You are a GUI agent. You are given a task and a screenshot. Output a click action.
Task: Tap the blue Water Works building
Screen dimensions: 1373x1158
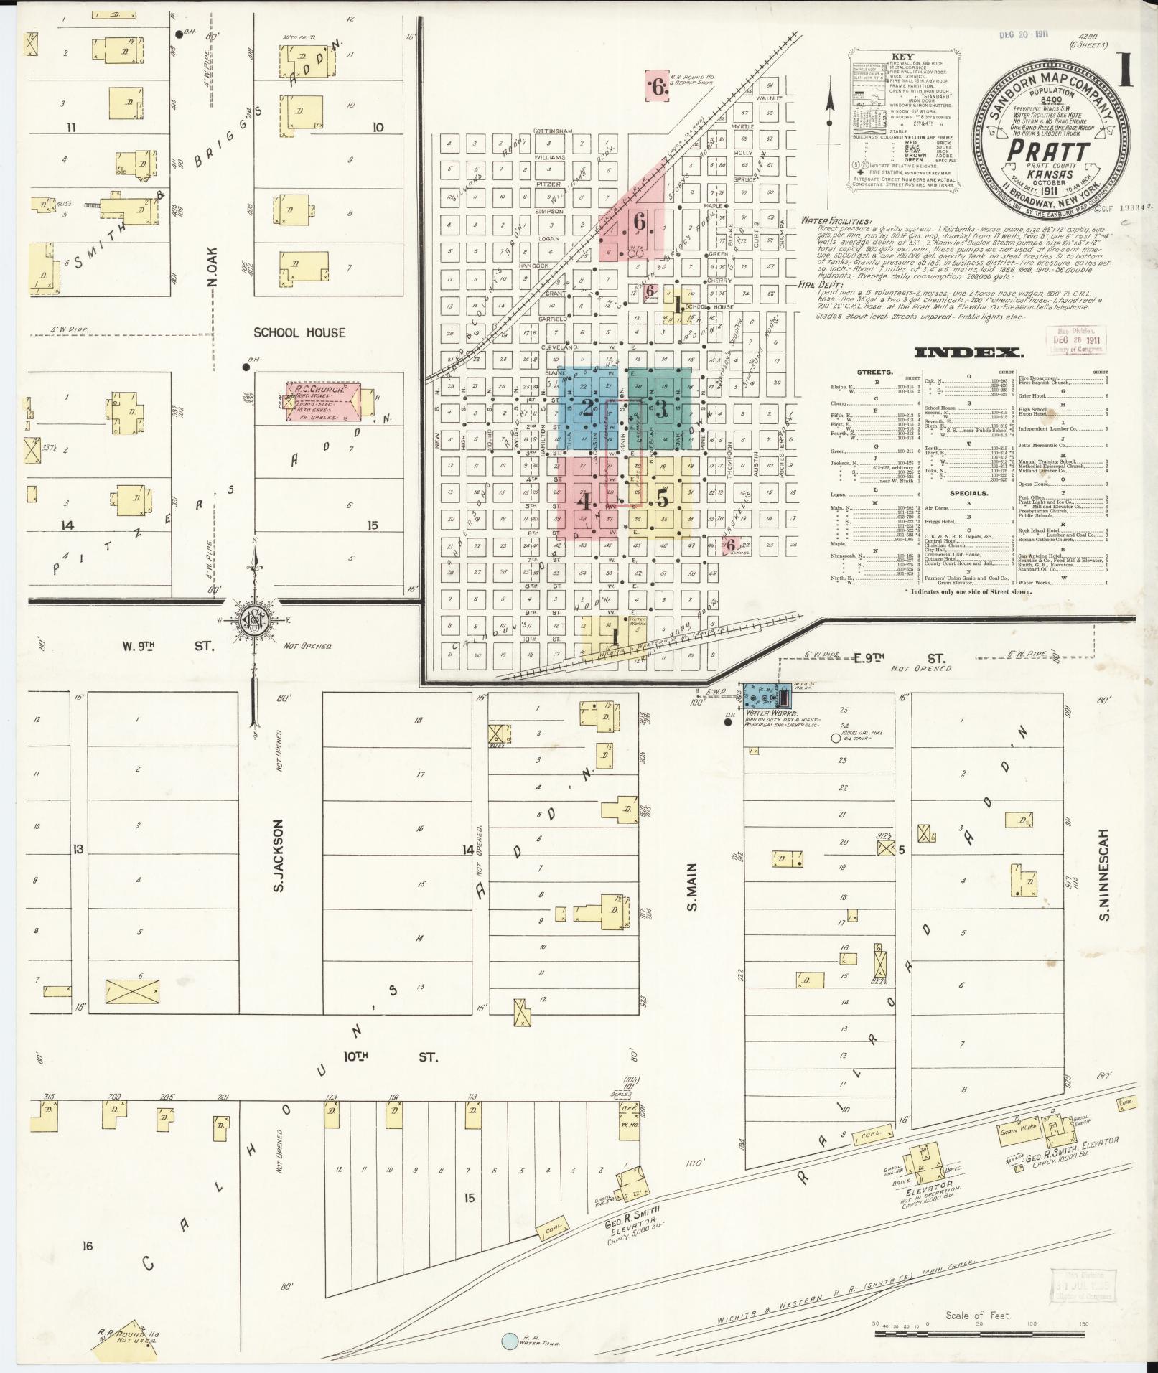tap(765, 695)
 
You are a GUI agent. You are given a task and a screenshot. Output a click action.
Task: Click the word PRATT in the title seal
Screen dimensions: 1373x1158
tap(1050, 150)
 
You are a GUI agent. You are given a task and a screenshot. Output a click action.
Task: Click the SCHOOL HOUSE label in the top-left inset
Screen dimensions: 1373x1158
tap(299, 332)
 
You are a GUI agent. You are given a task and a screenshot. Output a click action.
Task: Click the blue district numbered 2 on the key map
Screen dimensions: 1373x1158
tap(587, 410)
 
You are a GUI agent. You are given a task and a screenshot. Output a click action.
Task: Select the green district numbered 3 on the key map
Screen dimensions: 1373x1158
tap(661, 410)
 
